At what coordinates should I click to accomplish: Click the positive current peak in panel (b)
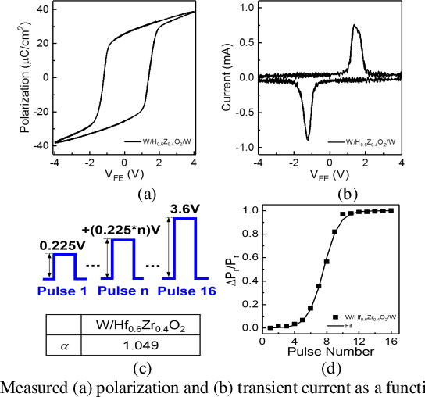(x=354, y=26)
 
